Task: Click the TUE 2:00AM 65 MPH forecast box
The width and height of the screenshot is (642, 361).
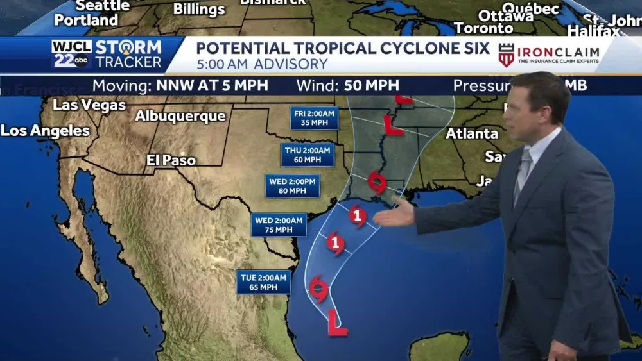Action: (263, 282)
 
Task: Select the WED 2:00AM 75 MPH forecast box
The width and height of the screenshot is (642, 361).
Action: (279, 225)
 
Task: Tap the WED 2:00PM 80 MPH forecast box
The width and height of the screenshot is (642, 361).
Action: (293, 186)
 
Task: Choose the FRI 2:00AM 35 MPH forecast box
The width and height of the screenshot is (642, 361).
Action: (314, 118)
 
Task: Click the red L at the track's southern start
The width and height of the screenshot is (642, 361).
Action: (336, 323)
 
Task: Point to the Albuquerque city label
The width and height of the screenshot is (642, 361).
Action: (180, 116)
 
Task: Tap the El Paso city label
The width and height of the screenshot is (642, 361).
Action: (171, 160)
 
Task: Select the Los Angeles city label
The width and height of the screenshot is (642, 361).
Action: (45, 131)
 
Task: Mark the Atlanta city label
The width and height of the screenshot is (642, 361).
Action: (472, 133)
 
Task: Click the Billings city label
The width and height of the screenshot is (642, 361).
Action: (199, 10)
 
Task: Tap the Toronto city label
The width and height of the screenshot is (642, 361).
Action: (483, 28)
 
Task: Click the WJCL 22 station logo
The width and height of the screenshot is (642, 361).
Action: (71, 54)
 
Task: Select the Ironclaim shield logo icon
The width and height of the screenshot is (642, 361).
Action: (507, 55)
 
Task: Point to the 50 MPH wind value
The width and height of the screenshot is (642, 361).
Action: (371, 86)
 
